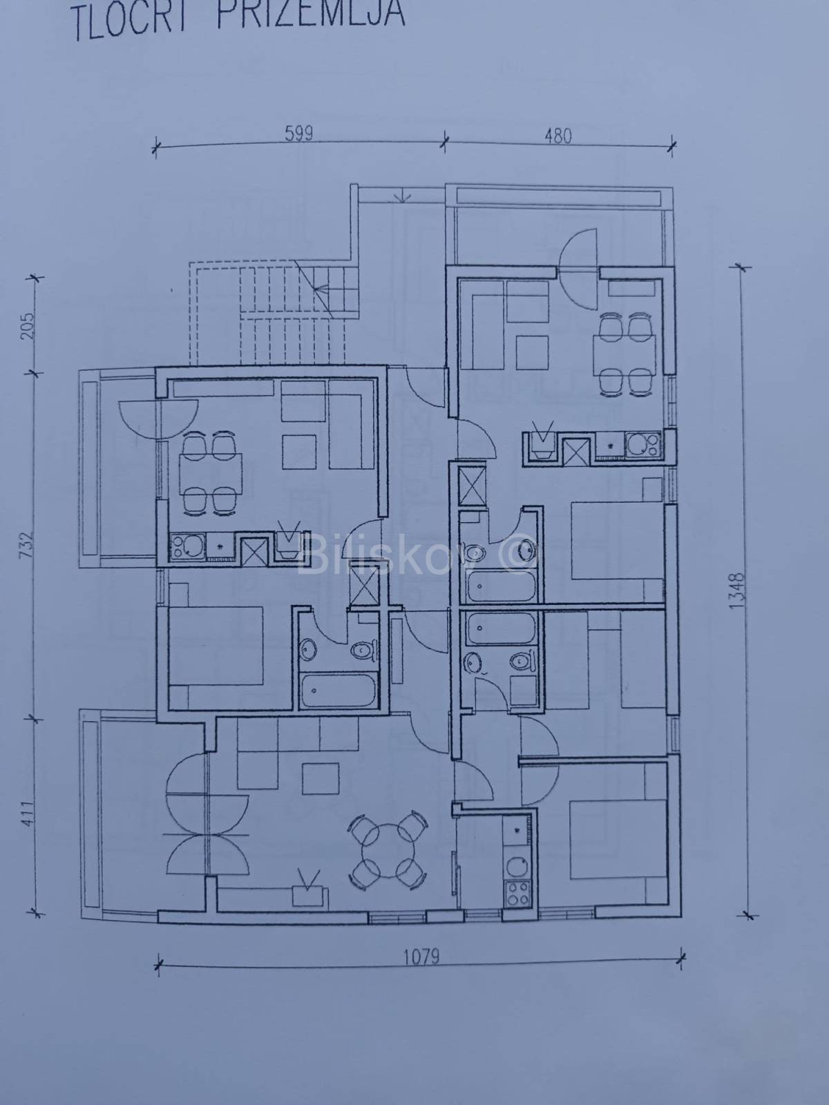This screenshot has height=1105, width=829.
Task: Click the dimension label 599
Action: click(x=299, y=134)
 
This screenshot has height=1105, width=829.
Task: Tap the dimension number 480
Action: click(x=558, y=136)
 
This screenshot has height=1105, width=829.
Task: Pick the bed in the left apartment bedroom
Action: click(x=216, y=646)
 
